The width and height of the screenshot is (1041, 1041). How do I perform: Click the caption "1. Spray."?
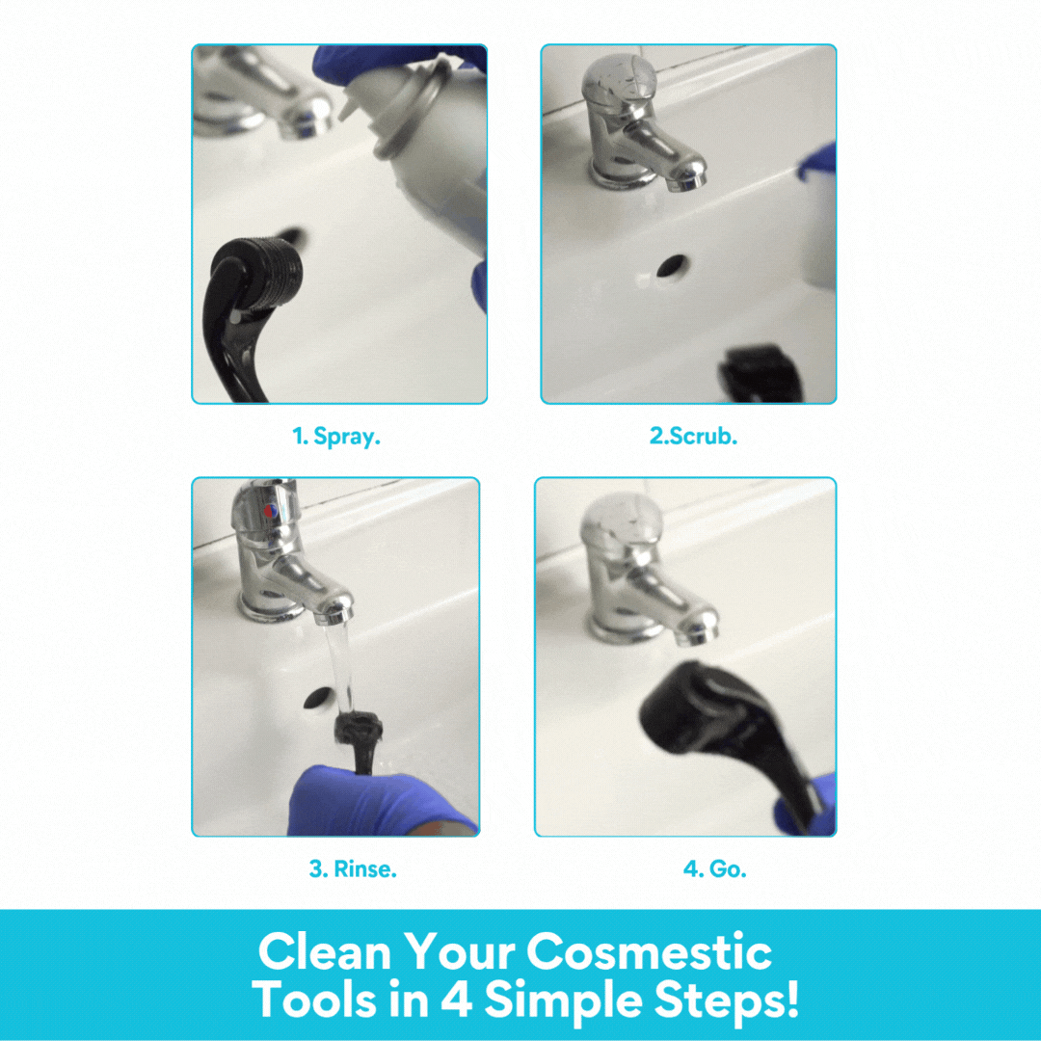click(x=337, y=436)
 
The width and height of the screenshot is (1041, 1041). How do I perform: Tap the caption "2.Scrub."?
click(x=693, y=436)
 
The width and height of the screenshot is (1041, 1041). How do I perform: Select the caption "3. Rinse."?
click(x=353, y=868)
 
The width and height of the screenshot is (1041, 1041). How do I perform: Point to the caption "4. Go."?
click(x=714, y=868)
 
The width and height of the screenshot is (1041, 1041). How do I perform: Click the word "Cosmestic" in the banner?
click(x=649, y=952)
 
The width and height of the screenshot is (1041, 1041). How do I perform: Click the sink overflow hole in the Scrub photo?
click(x=672, y=267)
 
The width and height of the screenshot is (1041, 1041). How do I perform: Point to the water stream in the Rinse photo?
click(x=338, y=665)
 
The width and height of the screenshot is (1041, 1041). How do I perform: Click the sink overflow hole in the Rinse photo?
click(x=315, y=699)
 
